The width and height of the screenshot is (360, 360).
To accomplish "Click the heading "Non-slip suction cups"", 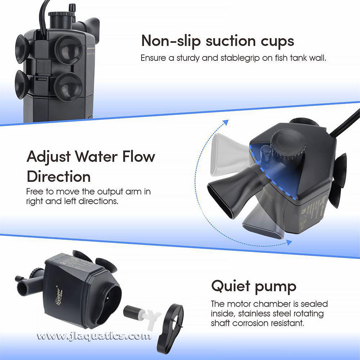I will [x=217, y=41].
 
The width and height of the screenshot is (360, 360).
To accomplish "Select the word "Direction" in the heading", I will [x=59, y=177].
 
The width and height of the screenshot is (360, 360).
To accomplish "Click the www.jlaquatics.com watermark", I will [x=94, y=337].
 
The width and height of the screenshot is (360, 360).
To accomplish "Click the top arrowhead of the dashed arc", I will [x=226, y=122].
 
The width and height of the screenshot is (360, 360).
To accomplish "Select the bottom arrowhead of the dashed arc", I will [x=288, y=243].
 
